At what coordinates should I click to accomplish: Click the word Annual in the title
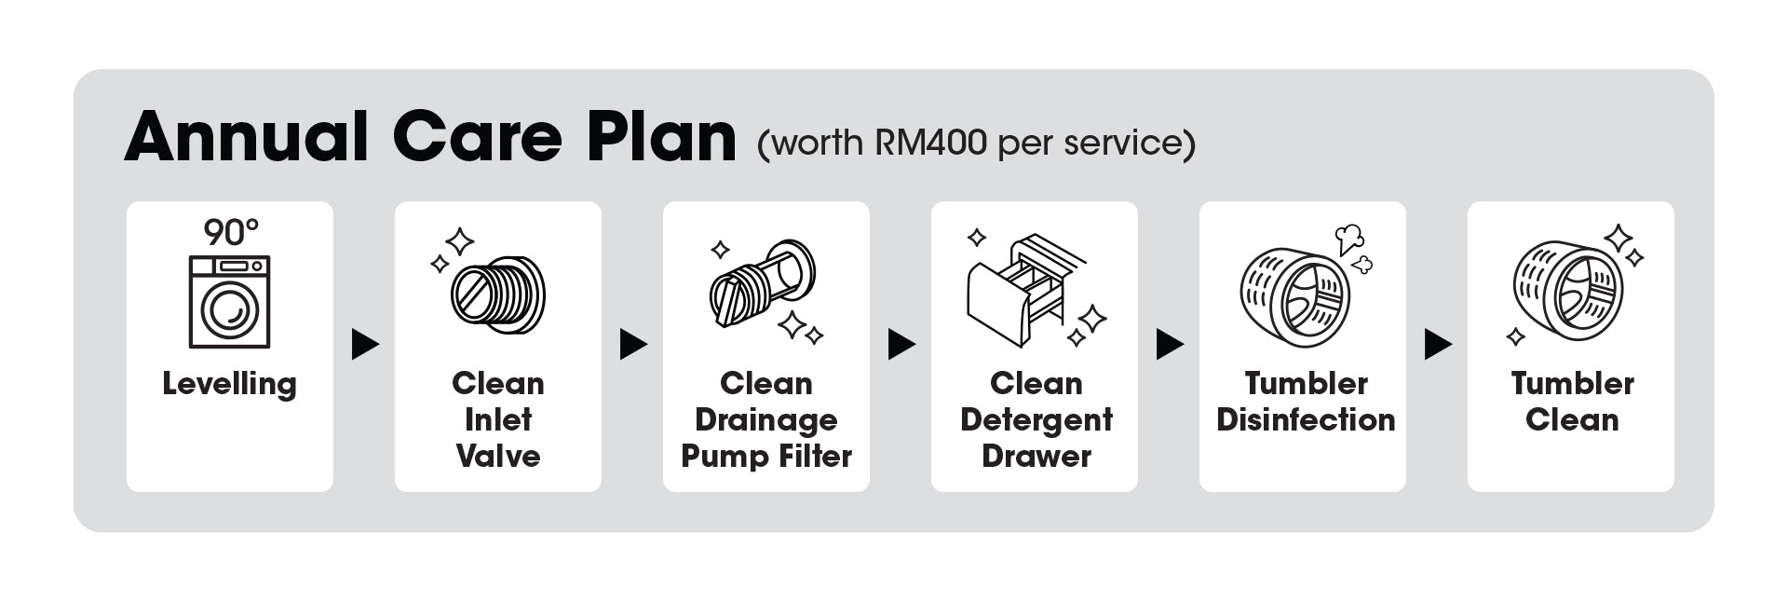pos(247,137)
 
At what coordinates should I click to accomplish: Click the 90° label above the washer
pos(231,232)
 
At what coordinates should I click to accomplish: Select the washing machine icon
pos(229,302)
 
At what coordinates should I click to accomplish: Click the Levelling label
pos(229,384)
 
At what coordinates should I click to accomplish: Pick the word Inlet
pos(498,419)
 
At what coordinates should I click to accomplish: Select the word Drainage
pos(766,420)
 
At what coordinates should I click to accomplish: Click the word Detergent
pos(1036,420)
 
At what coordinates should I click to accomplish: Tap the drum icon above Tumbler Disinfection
pos(1295,294)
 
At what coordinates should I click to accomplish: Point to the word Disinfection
pos(1306,419)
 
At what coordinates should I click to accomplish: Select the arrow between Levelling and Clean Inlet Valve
pos(365,345)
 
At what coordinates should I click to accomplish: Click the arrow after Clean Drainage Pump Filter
pos(901,345)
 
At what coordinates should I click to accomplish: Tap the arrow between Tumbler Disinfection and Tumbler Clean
pos(1438,345)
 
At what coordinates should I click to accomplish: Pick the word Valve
pos(498,456)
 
